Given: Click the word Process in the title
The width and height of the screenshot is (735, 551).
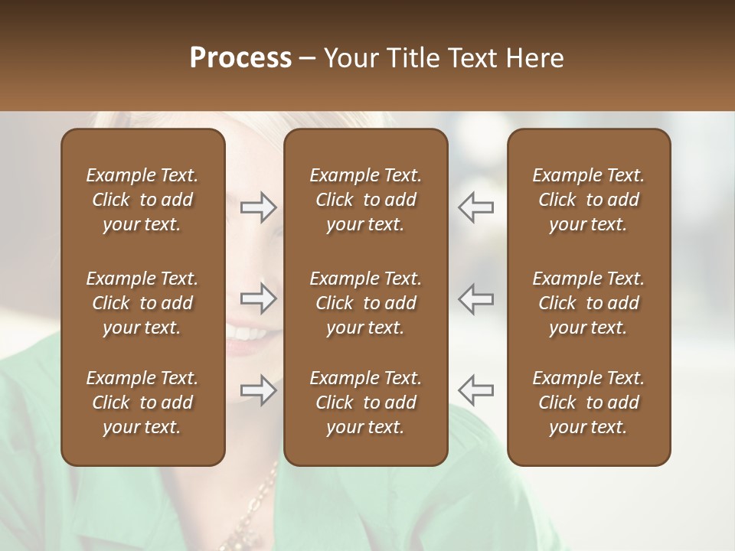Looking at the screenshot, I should pos(240,58).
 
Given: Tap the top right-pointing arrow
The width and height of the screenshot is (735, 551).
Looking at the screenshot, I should pos(259,207).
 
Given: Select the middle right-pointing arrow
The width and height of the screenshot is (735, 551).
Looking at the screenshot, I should pos(259,298).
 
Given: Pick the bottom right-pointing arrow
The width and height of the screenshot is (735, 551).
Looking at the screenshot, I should pos(259,390).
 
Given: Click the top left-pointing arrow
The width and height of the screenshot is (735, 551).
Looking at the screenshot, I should pos(475,207).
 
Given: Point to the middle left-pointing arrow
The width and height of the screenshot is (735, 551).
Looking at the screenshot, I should pos(475,298).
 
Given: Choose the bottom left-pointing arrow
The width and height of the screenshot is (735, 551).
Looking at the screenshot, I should pos(475,390).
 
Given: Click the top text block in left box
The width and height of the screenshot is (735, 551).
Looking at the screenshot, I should pos(142,200).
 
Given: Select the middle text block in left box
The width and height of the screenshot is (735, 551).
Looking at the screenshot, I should pos(142,303).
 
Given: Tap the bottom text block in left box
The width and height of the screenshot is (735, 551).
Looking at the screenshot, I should pos(142,403).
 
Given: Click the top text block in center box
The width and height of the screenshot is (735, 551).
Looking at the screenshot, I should pos(365,200).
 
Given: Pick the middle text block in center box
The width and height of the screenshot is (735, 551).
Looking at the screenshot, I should pos(365,303).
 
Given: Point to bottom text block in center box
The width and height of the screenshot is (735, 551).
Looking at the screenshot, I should pos(365,403).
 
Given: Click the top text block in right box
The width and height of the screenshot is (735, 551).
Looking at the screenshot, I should pos(588,200).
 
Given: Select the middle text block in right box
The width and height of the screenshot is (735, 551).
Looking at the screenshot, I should pos(588,303).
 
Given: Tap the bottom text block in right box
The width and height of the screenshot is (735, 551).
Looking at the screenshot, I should pos(588,403).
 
